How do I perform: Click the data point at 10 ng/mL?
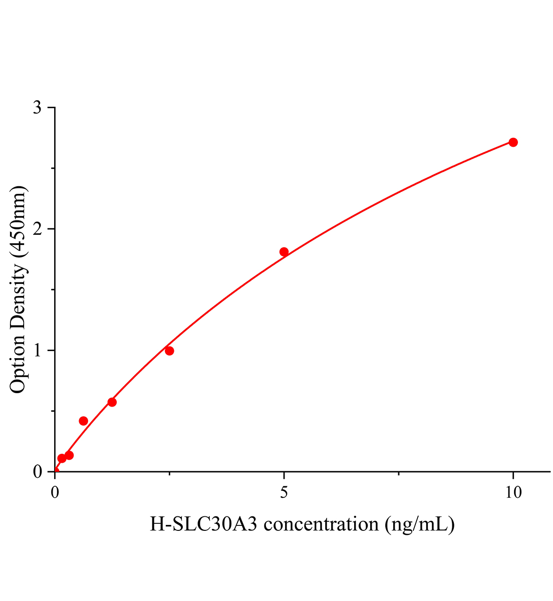pyautogui.click(x=513, y=142)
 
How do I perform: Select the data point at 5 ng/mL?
pyautogui.click(x=284, y=252)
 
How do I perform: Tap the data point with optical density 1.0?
pyautogui.click(x=169, y=351)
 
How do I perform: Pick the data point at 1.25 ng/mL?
pyautogui.click(x=112, y=402)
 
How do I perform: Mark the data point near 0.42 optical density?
pyautogui.click(x=84, y=421)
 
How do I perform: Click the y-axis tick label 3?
pyautogui.click(x=37, y=108)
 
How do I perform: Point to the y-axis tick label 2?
pyautogui.click(x=37, y=229)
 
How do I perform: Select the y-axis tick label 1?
pyautogui.click(x=37, y=351)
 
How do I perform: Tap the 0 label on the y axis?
pyautogui.click(x=37, y=472)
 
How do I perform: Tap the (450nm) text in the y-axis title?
pyautogui.click(x=18, y=221)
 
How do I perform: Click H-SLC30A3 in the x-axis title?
pyautogui.click(x=205, y=524)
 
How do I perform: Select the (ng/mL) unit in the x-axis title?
pyautogui.click(x=420, y=524)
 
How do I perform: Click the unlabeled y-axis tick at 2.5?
pyautogui.click(x=52, y=169)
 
